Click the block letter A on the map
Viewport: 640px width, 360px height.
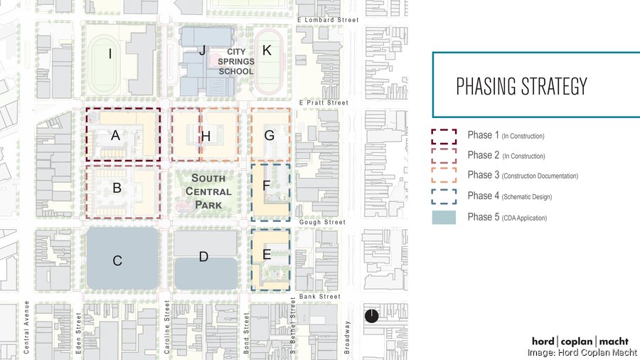pos(115,135)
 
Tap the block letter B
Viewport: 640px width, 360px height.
pos(117,189)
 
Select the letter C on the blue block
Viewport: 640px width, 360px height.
pos(118,261)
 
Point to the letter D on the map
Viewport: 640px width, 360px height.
pos(203,257)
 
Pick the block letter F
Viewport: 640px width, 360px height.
pos(267,185)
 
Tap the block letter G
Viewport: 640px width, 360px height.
pos(269,135)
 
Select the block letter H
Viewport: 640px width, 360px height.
pos(206,135)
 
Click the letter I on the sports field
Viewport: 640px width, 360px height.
pos(110,53)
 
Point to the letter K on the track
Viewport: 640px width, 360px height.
pos(267,51)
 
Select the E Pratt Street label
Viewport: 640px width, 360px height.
pos(324,103)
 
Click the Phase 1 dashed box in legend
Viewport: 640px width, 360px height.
pos(444,136)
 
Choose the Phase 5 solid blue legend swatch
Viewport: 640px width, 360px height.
pos(444,218)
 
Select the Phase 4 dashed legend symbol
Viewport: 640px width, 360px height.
pos(444,196)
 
